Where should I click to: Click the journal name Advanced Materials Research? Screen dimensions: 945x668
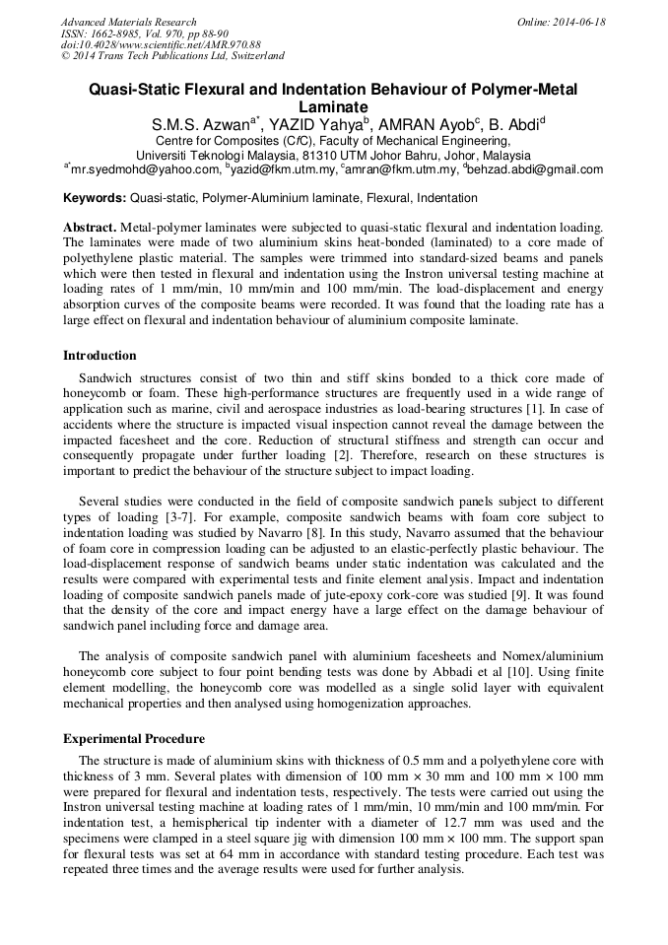coord(129,22)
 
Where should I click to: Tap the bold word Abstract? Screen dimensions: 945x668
coord(91,227)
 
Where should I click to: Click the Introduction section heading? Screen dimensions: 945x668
coord(100,356)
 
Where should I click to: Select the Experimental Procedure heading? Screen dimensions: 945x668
coord(134,738)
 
